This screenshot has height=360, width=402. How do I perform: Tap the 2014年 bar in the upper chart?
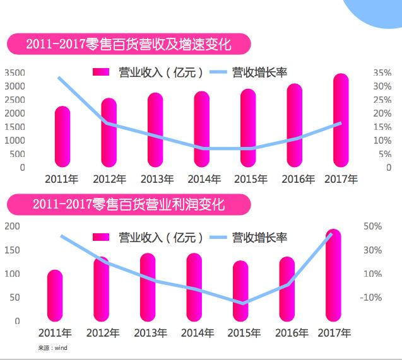point(202,131)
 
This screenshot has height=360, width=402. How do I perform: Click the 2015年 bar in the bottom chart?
point(240,291)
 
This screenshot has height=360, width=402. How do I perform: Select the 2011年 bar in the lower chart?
point(55,296)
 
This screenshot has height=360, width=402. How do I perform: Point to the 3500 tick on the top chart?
point(15,73)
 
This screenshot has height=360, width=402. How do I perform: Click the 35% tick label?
point(382,73)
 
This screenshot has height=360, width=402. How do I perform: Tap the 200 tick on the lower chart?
point(12,226)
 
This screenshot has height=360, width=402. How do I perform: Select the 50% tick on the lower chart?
point(373,226)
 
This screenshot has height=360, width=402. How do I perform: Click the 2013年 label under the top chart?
point(157,180)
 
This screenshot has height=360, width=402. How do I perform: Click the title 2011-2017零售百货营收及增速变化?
point(129,45)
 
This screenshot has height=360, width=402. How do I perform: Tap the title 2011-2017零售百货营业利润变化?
point(129,204)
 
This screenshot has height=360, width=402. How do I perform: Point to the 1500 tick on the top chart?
point(15,127)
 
